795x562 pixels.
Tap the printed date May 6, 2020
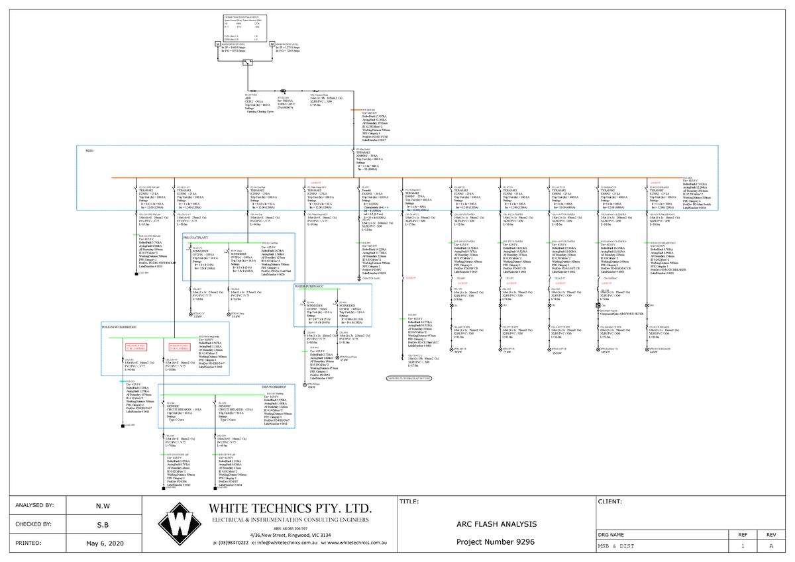click(104, 543)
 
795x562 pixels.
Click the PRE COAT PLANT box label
click(197, 236)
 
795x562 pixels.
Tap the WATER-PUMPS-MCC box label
click(313, 287)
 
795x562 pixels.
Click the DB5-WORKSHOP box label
click(274, 386)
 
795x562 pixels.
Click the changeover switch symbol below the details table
click(246, 63)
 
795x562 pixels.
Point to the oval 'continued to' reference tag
click(409, 378)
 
